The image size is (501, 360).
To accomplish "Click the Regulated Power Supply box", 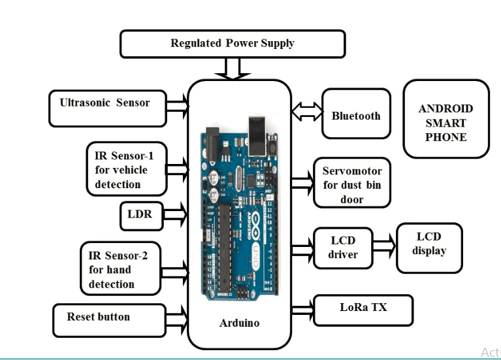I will coord(233,44).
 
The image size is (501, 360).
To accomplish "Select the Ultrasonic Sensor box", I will coord(105,107).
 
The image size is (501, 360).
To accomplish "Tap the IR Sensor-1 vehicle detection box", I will coord(127,170).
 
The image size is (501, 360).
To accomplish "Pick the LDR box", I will coord(140,216).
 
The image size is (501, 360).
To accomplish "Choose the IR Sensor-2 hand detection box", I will coord(121,269).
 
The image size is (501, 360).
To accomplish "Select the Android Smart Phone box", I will coord(445,119).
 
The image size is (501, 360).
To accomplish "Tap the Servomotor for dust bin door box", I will coord(352,185).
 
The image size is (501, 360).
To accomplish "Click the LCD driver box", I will coord(343,248).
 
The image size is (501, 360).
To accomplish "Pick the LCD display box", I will coord(428,248).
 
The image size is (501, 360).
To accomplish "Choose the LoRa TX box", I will coord(363,310).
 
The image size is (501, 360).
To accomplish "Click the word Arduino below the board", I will coord(239,323).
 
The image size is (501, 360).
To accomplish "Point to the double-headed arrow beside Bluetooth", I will coord(307,112).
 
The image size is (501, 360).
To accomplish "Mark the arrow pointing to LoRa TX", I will coord(302,308).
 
